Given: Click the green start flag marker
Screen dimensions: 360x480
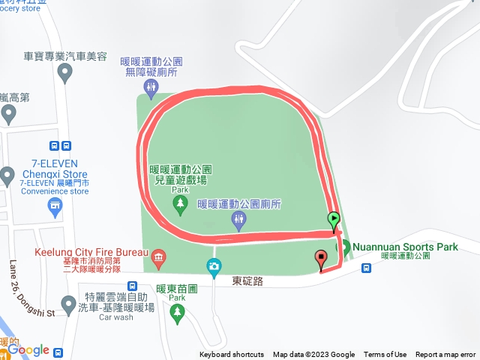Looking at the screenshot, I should (334, 220).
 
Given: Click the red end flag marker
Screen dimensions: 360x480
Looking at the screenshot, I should (322, 259).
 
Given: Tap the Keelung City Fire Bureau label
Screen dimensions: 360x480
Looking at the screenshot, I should (91, 252).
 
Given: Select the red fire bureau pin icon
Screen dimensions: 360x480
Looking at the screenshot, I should (158, 259).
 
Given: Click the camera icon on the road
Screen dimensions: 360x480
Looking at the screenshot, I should (214, 265).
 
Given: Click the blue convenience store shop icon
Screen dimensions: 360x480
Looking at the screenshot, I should (54, 205).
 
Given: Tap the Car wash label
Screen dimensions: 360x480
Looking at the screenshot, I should (115, 317).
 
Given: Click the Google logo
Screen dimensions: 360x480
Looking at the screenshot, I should (28, 349).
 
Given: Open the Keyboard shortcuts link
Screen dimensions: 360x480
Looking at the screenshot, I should (232, 355).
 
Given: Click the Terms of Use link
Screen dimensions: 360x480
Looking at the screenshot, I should (385, 355).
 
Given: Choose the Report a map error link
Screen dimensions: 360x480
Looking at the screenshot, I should (445, 355).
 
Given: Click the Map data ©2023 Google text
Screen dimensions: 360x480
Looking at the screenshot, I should (313, 355).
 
